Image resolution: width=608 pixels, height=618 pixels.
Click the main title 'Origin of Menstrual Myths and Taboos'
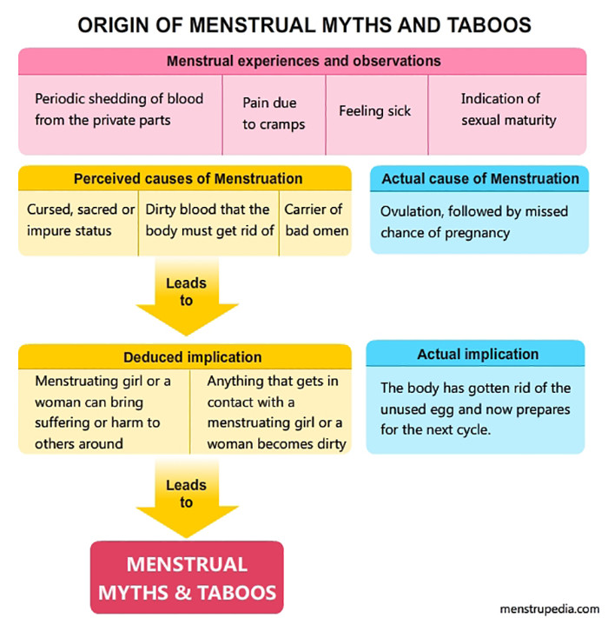pyautogui.click(x=304, y=24)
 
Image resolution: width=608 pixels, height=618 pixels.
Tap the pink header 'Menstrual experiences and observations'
pyautogui.click(x=303, y=62)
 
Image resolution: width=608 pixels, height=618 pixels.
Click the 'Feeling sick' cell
pyautogui.click(x=374, y=111)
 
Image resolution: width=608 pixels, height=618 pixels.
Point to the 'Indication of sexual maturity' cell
pyautogui.click(x=507, y=110)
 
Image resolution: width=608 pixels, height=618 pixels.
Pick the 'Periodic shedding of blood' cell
pyautogui.click(x=119, y=110)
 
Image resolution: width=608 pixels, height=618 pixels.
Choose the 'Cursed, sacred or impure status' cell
pyautogui.click(x=81, y=220)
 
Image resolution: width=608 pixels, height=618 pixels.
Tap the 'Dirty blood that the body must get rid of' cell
pyautogui.click(x=209, y=220)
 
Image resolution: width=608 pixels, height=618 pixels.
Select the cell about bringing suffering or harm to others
pyautogui.click(x=103, y=412)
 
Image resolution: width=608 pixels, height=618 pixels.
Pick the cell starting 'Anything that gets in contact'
pyautogui.click(x=275, y=412)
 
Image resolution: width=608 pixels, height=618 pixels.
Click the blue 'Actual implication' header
pyautogui.click(x=477, y=354)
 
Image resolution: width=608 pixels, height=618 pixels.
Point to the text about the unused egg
pyautogui.click(x=475, y=408)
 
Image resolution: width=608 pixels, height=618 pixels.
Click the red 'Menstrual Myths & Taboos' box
pyautogui.click(x=187, y=578)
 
